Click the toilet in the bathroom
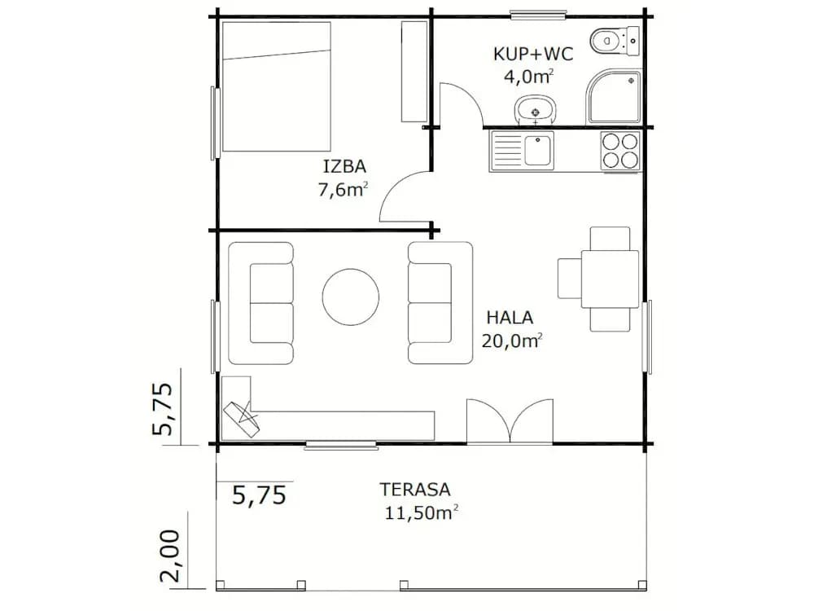pyautogui.click(x=614, y=40)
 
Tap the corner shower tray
pyautogui.click(x=614, y=97)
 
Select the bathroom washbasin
pyautogui.click(x=536, y=110)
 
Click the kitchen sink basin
pyautogui.click(x=538, y=150)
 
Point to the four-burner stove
pyautogui.click(x=620, y=151)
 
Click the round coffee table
pyautogui.click(x=350, y=297)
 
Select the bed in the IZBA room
pyautogui.click(x=277, y=86)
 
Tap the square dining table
pyautogui.click(x=610, y=279)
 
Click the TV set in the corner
pyautogui.click(x=241, y=419)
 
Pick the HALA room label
pyautogui.click(x=510, y=317)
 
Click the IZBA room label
pyautogui.click(x=344, y=166)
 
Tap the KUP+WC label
pyautogui.click(x=533, y=54)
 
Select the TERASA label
pyautogui.click(x=415, y=489)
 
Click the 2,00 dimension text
pyautogui.click(x=170, y=556)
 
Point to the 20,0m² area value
pyautogui.click(x=512, y=341)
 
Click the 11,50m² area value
pyautogui.click(x=421, y=512)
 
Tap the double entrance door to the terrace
pyautogui.click(x=510, y=422)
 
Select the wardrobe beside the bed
pyautogui.click(x=414, y=72)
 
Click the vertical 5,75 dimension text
pyautogui.click(x=161, y=409)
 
